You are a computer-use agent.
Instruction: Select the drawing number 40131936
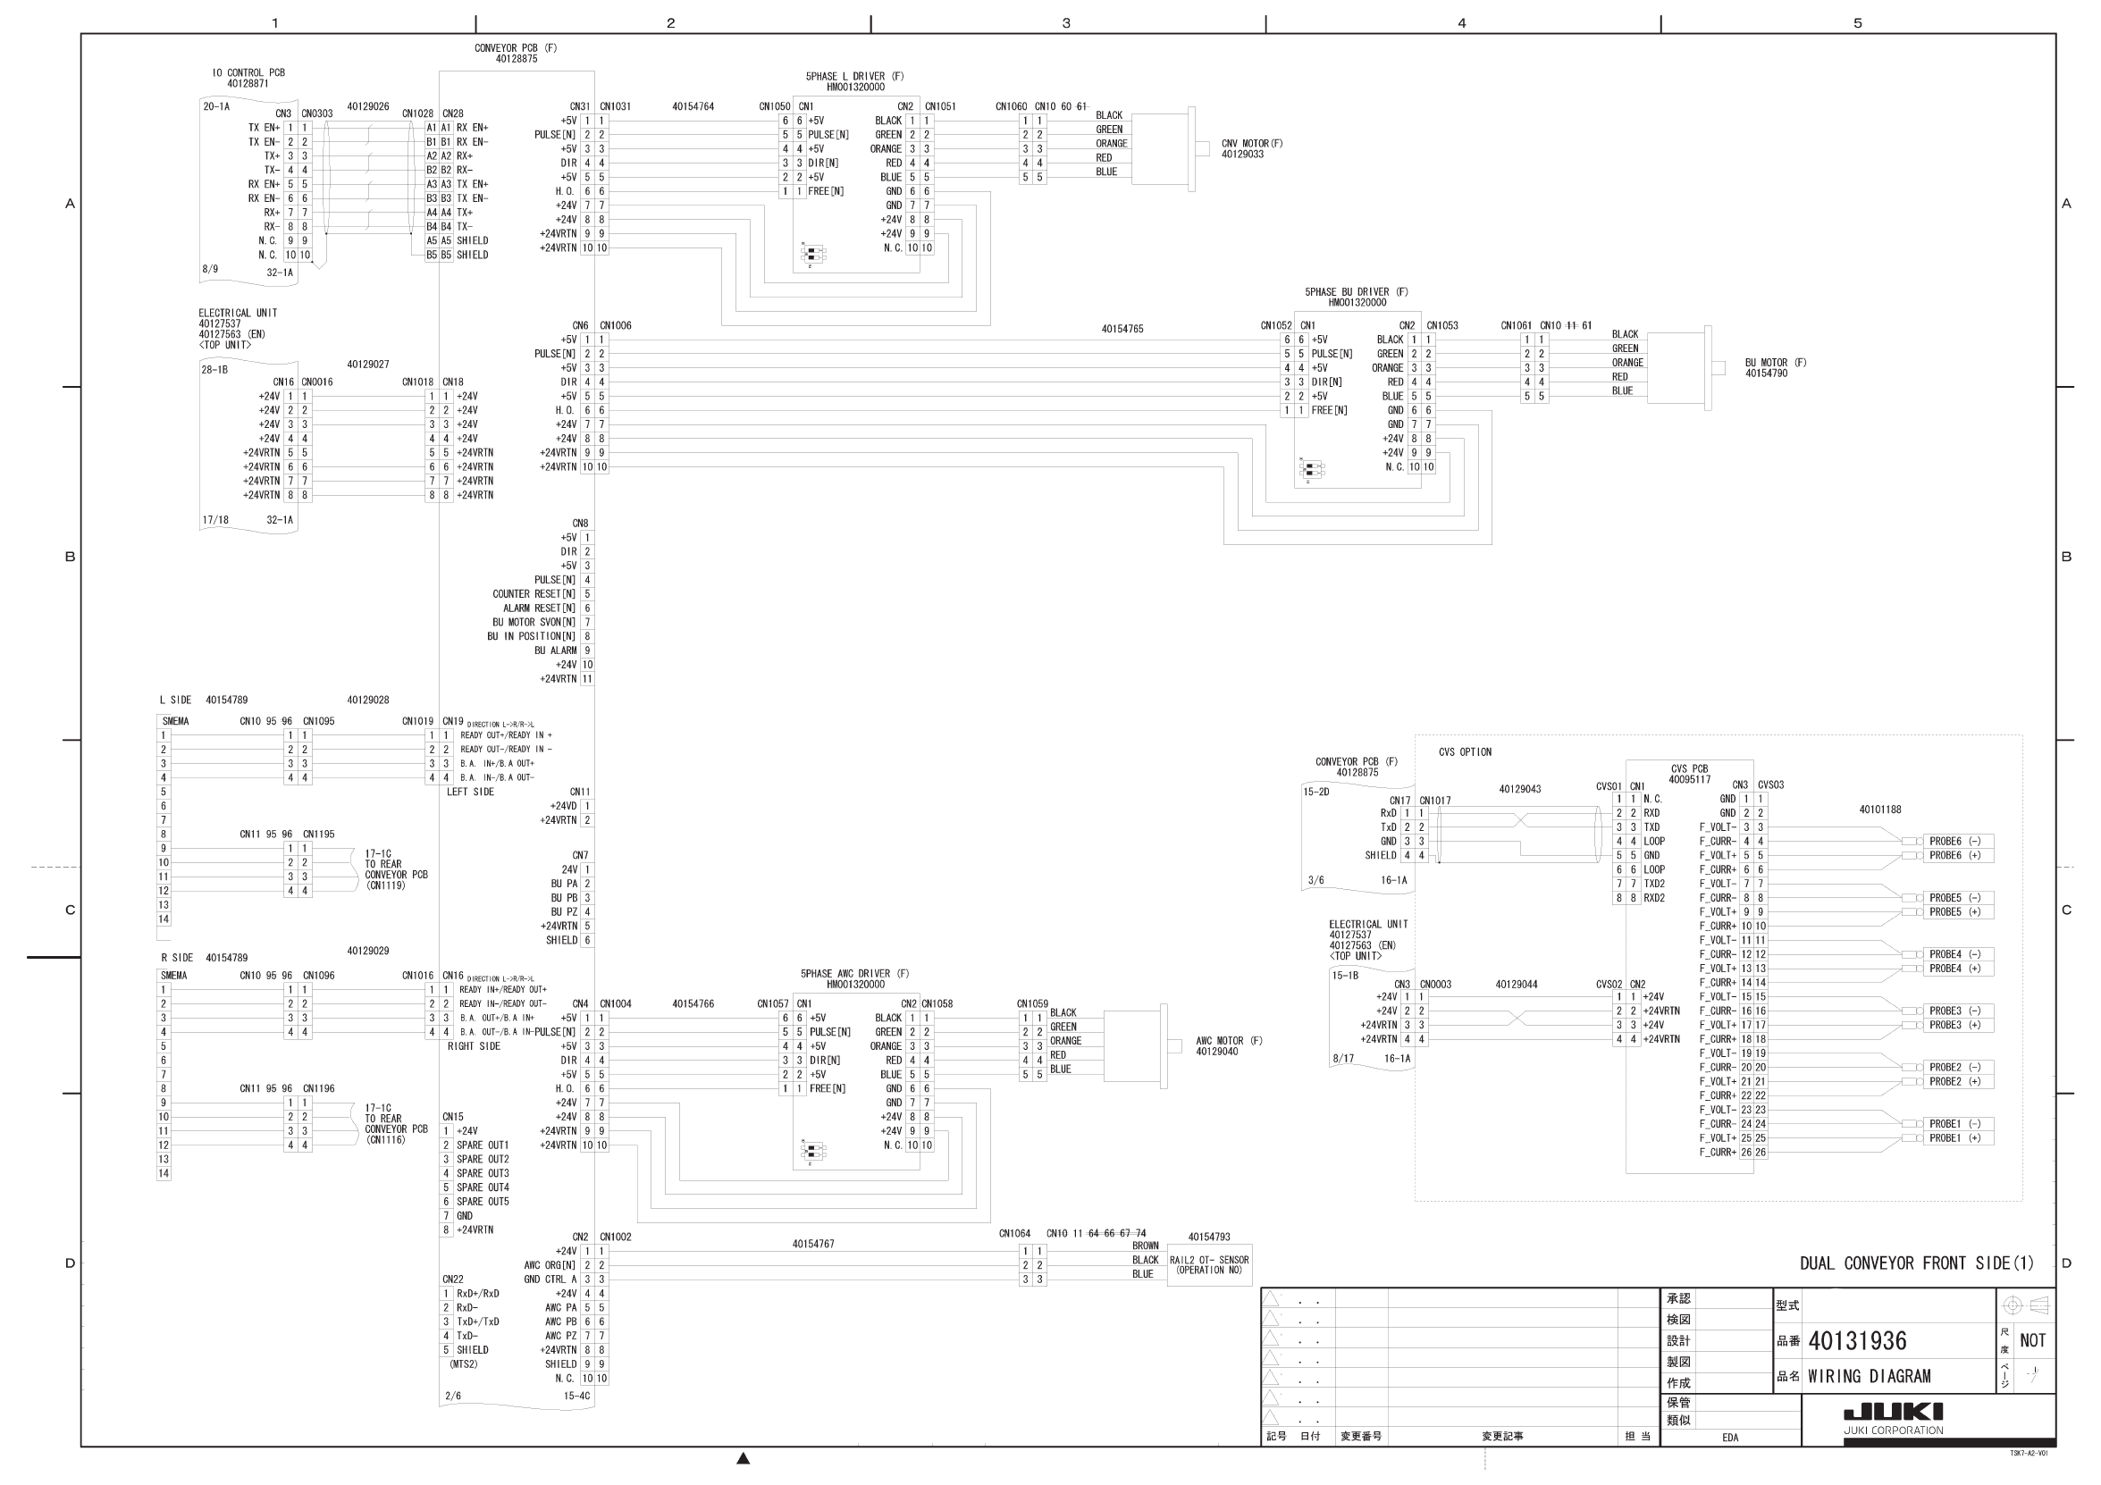click(x=1858, y=1341)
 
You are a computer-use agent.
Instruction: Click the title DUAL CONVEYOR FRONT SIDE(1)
click(x=1916, y=1263)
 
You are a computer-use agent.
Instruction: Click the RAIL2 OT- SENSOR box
click(x=1209, y=1265)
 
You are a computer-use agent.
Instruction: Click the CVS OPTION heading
click(x=1464, y=752)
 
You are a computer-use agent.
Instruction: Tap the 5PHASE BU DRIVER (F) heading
click(x=1357, y=292)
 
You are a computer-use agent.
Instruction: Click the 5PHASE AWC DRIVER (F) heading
click(x=854, y=974)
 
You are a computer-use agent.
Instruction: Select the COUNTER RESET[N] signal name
click(x=534, y=594)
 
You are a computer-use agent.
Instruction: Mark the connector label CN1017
click(x=1435, y=801)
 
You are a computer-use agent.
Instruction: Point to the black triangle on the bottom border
click(x=743, y=1458)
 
